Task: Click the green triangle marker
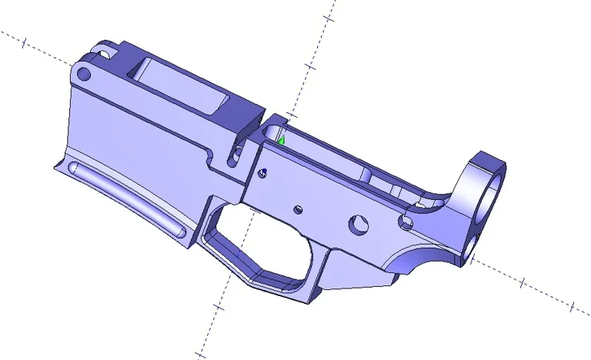pos(282,140)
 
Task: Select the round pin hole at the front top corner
pos(85,74)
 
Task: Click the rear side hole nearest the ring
pos(405,222)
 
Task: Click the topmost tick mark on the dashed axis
pos(331,16)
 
